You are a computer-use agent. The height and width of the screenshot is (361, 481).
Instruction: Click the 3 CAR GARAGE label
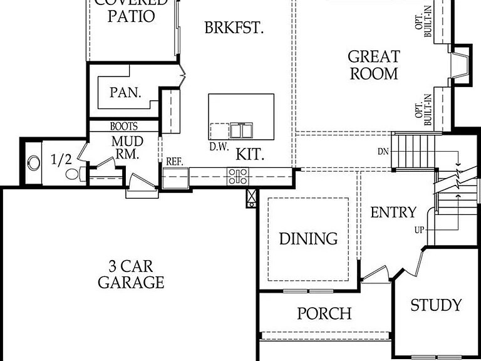click(131, 273)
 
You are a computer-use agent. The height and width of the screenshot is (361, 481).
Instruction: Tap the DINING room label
click(308, 239)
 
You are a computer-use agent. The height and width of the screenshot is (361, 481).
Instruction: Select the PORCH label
click(324, 313)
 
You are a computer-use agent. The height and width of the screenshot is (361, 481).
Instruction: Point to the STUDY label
click(436, 305)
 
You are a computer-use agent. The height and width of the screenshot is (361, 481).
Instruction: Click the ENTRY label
click(393, 212)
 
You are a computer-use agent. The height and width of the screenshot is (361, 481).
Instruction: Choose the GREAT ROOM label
click(373, 65)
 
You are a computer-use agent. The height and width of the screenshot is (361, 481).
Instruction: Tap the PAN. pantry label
click(125, 93)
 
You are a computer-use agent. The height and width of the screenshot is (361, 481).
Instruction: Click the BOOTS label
click(123, 127)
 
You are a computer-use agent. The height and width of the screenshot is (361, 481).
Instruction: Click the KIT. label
click(250, 154)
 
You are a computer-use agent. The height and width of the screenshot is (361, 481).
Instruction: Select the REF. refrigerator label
click(174, 162)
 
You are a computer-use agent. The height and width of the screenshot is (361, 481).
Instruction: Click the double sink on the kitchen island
click(241, 130)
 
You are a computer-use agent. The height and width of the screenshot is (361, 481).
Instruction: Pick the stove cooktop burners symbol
click(238, 177)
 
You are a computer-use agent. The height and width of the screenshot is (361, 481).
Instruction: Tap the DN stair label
click(383, 152)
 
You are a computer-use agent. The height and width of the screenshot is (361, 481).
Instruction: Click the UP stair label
click(419, 230)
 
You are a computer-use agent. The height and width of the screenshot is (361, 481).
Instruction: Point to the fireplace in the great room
click(461, 65)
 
